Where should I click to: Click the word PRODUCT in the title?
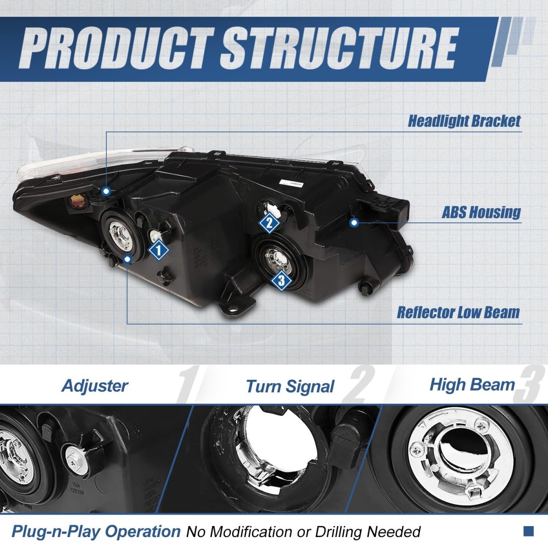(x=114, y=48)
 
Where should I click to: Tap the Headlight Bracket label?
(x=464, y=121)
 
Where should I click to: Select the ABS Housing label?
(x=481, y=212)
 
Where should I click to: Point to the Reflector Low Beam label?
(x=458, y=312)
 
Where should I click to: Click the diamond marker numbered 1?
(x=158, y=250)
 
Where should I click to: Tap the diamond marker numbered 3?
(x=282, y=281)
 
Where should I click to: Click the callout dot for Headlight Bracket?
(x=106, y=191)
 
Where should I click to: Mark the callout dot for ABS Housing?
(x=354, y=223)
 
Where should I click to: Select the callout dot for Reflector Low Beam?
(x=127, y=259)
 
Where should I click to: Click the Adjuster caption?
(x=95, y=386)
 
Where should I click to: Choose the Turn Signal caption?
(x=290, y=386)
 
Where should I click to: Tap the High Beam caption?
(x=472, y=385)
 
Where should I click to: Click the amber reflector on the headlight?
(x=77, y=201)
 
